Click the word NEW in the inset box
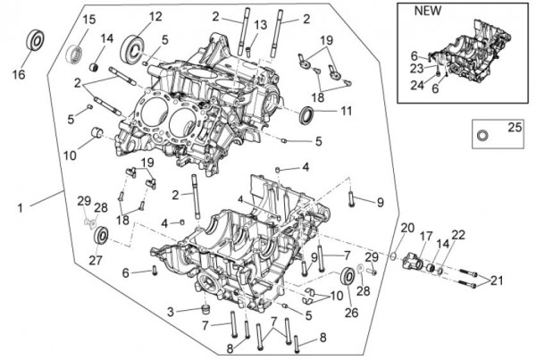click(x=428, y=13)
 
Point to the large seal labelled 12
click(x=139, y=46)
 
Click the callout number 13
click(x=260, y=24)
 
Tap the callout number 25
click(x=513, y=129)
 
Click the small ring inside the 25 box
click(x=483, y=136)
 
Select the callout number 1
click(x=20, y=206)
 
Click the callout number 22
click(x=458, y=234)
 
